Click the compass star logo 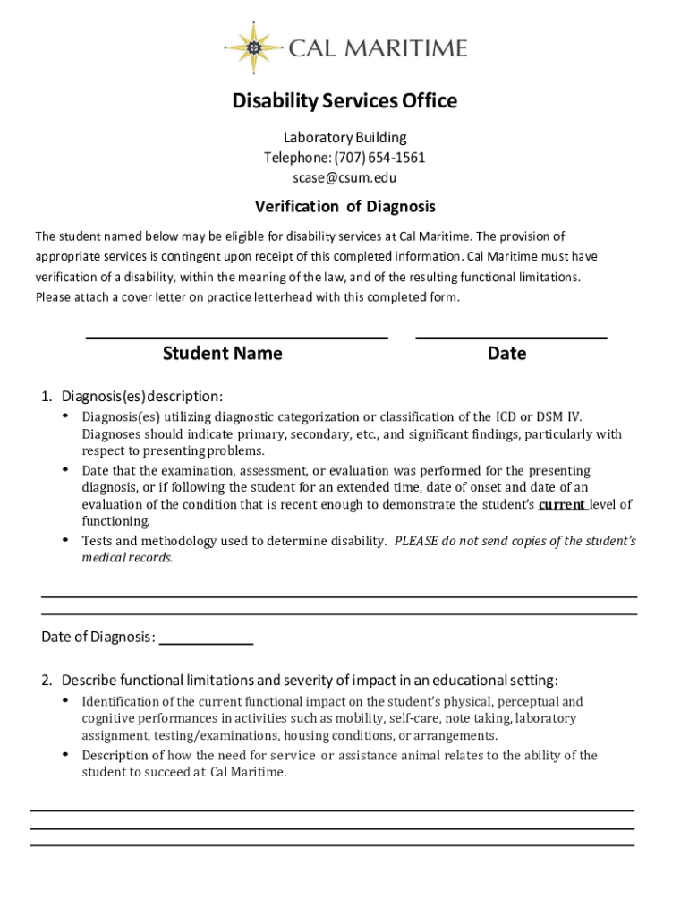254,47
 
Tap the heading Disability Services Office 344,101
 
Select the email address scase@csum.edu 344,177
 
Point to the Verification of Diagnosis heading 344,207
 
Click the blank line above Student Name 236,337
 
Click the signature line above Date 511,337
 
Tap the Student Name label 222,354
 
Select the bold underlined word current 561,504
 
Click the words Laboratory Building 344,138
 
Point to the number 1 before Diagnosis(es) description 45,396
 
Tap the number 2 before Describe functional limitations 45,680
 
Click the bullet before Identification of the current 65,699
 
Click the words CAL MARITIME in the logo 377,47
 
